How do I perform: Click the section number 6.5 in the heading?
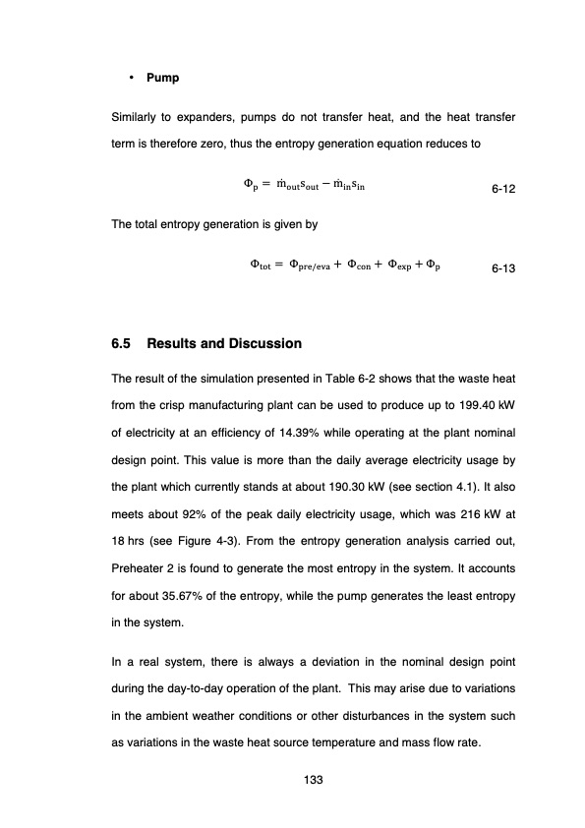(x=123, y=344)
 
